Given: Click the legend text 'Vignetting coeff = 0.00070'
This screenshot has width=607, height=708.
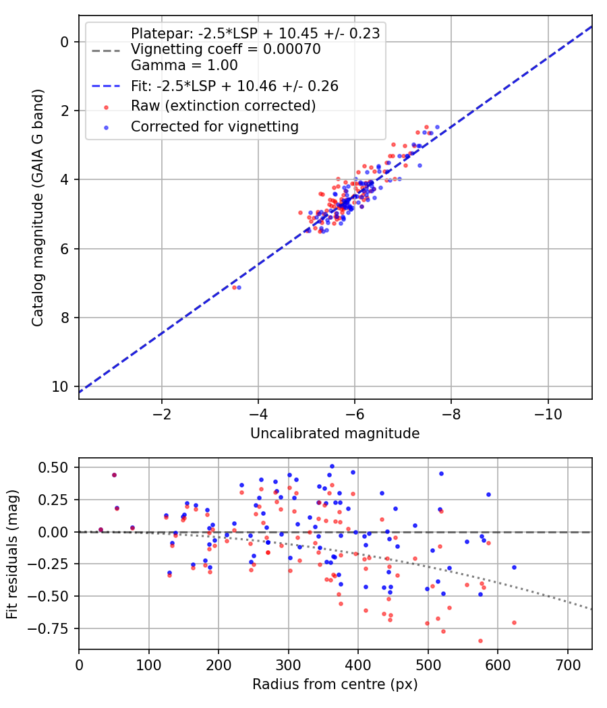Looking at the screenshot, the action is pos(226,49).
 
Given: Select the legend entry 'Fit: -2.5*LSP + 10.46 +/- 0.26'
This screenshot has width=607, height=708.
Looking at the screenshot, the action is pos(235,86).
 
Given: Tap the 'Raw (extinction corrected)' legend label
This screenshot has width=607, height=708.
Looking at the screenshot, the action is pos(223,106).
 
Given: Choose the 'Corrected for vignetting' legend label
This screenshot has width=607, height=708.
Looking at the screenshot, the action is pos(215,127).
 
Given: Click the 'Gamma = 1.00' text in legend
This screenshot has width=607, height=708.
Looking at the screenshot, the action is pos(184,65).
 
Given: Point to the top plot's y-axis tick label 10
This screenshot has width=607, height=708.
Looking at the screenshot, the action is pos(59,387).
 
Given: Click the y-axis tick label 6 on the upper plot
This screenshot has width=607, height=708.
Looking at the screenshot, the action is pos(64,249).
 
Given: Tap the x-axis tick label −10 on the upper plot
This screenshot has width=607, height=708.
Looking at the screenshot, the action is pos(548,414).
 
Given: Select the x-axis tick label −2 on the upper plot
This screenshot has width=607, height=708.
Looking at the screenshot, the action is pos(162,414).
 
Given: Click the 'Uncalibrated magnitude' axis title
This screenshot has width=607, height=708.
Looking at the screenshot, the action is pos(335,434).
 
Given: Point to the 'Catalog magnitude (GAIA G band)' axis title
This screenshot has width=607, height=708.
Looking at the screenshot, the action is pos(38,208).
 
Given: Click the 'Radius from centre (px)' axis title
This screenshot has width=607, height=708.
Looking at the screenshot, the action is pos(335,684).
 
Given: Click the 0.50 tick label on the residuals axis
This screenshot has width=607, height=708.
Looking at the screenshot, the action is pos(53,467).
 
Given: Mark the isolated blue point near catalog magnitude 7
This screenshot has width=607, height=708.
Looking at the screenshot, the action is pos(239,288).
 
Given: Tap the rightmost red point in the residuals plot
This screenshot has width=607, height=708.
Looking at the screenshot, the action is pos(514,622).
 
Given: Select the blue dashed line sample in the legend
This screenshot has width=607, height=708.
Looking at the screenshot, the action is pos(106,86).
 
